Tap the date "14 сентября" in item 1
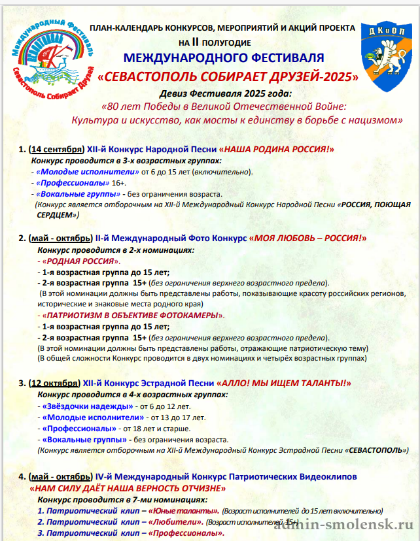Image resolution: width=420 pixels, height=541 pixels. click(x=56, y=149)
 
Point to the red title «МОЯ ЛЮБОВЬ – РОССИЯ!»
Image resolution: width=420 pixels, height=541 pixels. click(x=307, y=238)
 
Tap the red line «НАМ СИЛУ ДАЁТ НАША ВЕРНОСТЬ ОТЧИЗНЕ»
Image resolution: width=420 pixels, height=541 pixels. click(x=127, y=488)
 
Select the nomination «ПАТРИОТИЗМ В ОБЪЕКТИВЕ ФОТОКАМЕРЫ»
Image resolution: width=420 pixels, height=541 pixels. click(x=131, y=316)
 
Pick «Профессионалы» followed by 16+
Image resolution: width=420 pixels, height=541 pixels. click(x=72, y=183)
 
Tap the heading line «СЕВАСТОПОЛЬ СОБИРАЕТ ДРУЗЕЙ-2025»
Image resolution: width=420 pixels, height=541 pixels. click(x=228, y=76)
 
